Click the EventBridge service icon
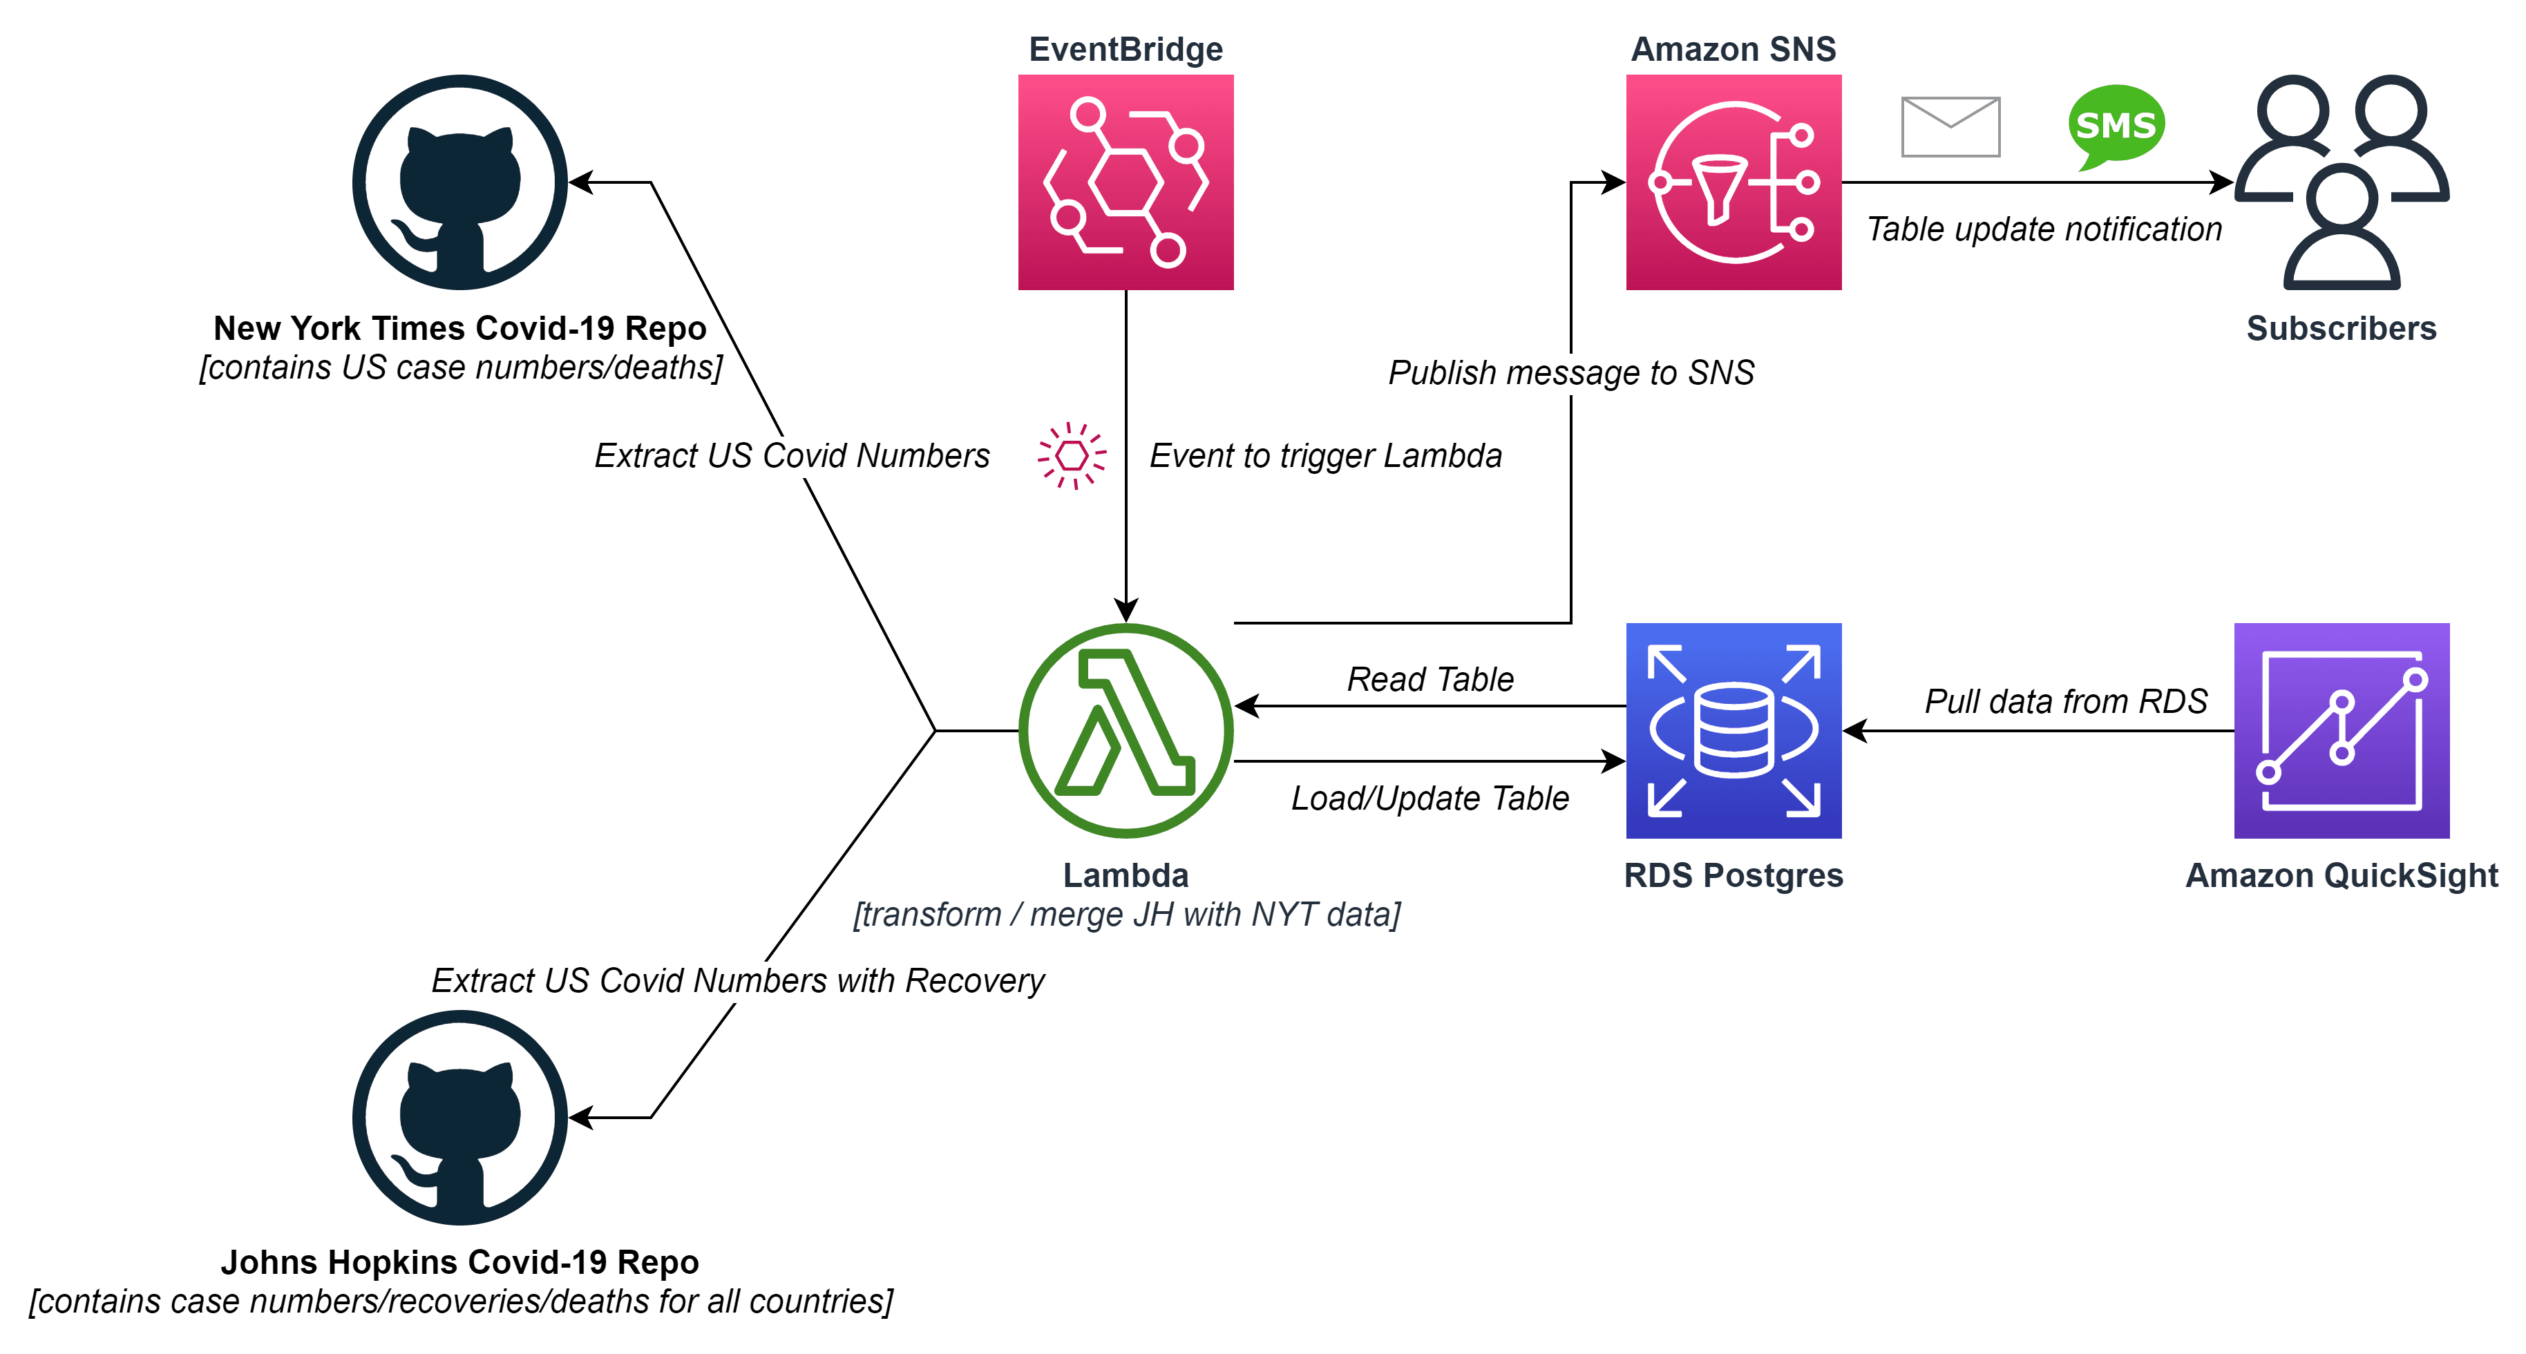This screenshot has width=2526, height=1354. pyautogui.click(x=1125, y=182)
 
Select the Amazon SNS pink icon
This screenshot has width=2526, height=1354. pyautogui.click(x=1733, y=182)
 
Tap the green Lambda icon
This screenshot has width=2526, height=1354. pyautogui.click(x=1125, y=730)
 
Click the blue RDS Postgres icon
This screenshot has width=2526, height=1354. pyautogui.click(x=1733, y=730)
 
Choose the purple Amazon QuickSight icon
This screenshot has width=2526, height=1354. pyautogui.click(x=2341, y=730)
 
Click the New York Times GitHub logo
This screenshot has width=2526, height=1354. pyautogui.click(x=460, y=182)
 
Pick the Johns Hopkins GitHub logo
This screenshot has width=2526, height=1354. pyautogui.click(x=460, y=1117)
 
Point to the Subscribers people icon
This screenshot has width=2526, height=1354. pyautogui.click(x=2341, y=182)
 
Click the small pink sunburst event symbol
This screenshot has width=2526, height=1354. pyautogui.click(x=1072, y=456)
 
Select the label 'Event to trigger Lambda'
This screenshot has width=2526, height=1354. pyautogui.click(x=1324, y=456)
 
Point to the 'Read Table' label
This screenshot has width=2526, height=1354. pyautogui.click(x=1430, y=678)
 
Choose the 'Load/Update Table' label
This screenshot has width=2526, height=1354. pyautogui.click(x=1429, y=798)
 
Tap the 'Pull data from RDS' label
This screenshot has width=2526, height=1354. pyautogui.click(x=2065, y=701)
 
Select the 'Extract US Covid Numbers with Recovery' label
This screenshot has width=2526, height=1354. pyautogui.click(x=737, y=980)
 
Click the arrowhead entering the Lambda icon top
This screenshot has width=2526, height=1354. pyautogui.click(x=1125, y=610)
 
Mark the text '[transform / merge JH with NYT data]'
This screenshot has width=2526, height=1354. pyautogui.click(x=1126, y=914)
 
